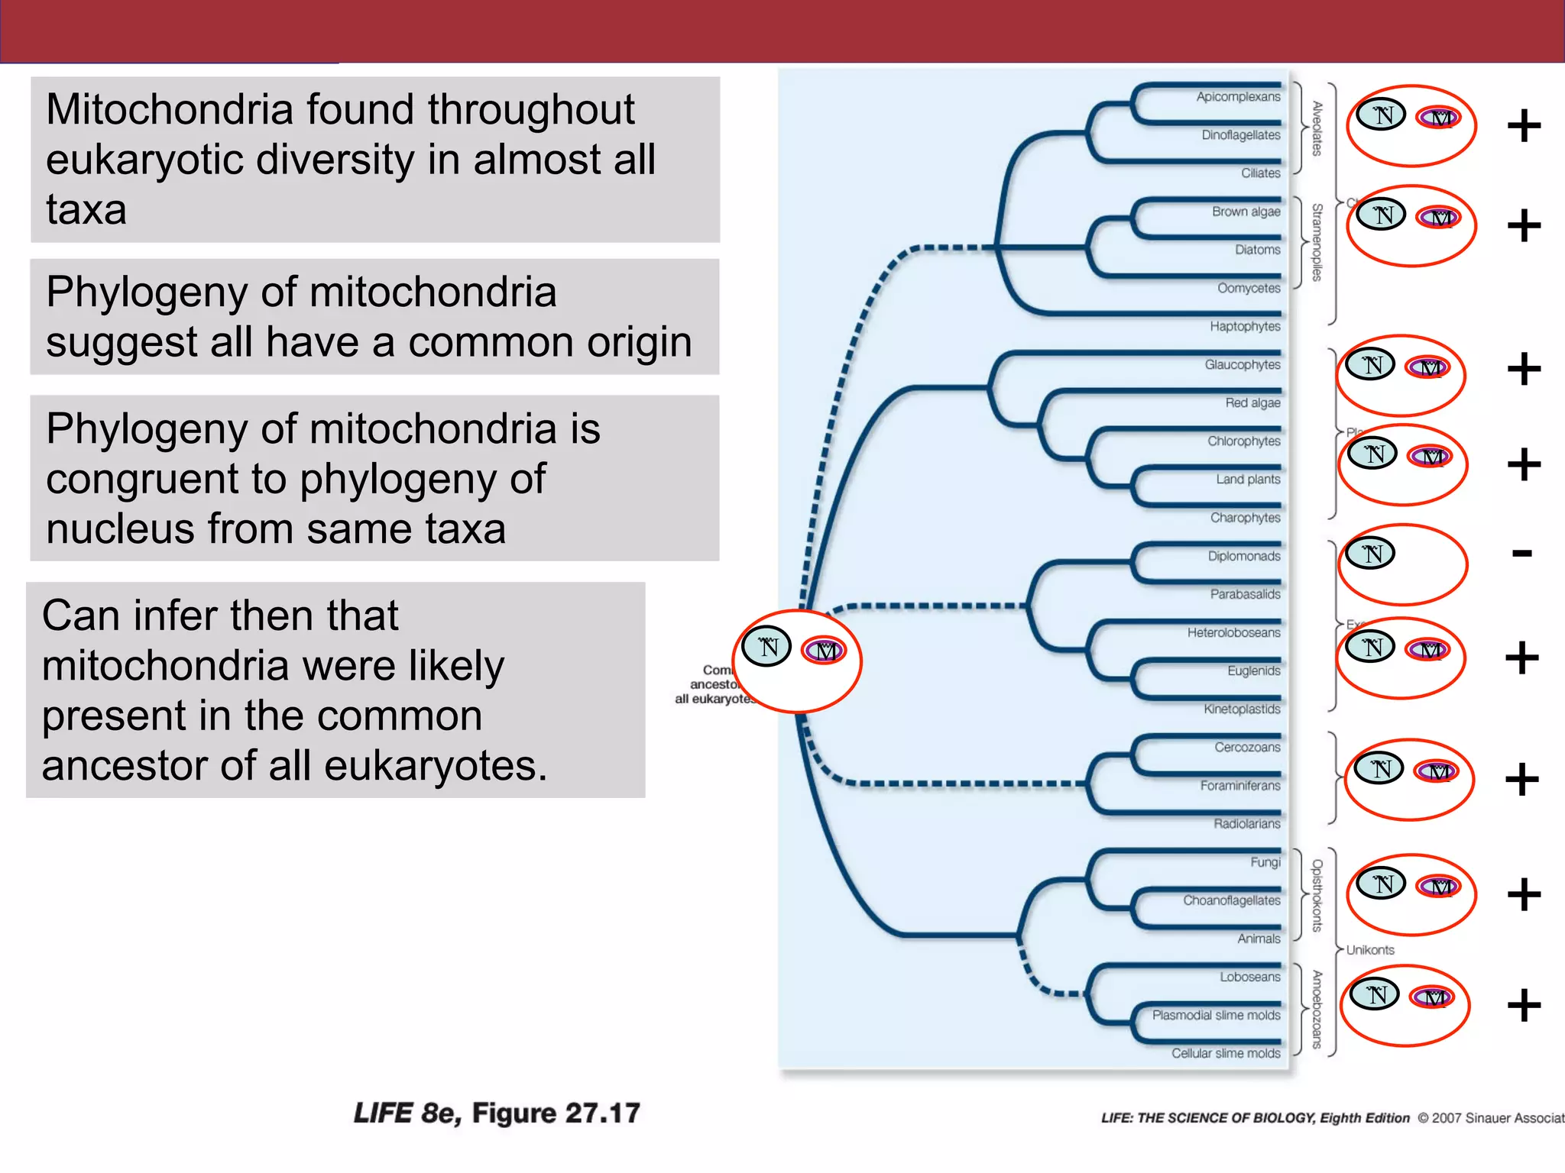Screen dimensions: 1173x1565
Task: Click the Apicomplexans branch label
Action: coord(1238,97)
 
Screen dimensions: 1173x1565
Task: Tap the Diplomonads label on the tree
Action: coord(1243,556)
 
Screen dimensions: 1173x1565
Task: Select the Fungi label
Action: coord(1265,862)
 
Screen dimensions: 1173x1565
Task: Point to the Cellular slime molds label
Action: coord(1226,1053)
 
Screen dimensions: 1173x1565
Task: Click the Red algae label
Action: coord(1252,402)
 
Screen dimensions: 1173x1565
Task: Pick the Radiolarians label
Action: coord(1246,823)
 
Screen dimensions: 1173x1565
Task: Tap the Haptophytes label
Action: coord(1245,326)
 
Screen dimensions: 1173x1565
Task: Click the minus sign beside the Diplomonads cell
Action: coord(1521,553)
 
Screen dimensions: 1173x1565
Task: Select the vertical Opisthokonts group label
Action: coord(1317,895)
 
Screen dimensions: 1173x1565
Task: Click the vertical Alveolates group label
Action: coord(1317,128)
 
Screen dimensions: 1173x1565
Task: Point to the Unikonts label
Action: coord(1370,950)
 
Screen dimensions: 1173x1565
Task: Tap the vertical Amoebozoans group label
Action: coord(1317,1009)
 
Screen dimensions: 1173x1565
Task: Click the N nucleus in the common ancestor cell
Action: coord(766,646)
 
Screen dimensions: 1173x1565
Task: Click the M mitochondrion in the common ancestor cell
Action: coord(824,650)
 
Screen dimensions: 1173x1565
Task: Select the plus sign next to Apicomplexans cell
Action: coord(1524,126)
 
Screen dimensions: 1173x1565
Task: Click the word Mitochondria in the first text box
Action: coord(169,109)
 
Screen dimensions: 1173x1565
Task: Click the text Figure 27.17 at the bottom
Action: coord(556,1113)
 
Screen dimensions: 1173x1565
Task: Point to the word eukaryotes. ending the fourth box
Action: coord(436,766)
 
